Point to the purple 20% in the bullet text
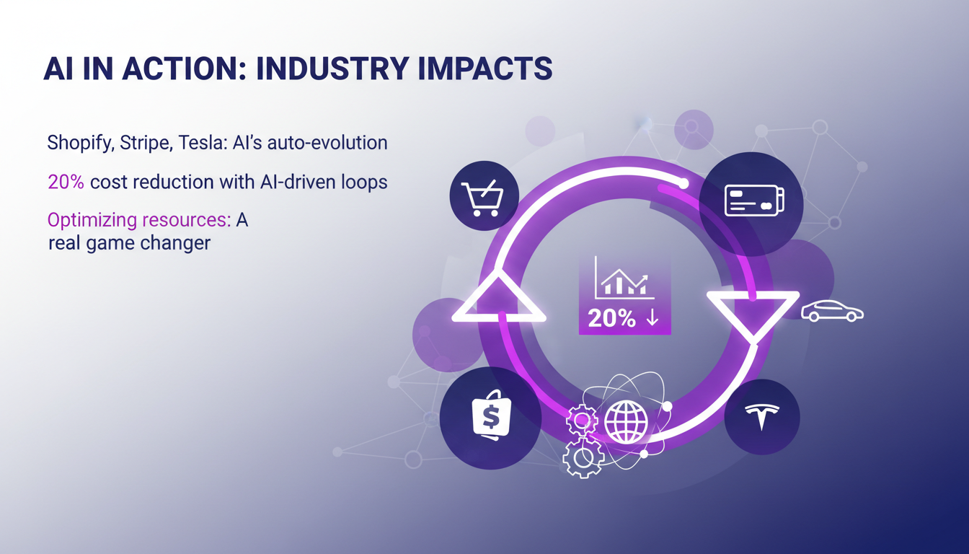coord(66,182)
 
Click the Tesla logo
coord(762,417)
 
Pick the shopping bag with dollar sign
coord(490,418)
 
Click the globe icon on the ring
coord(626,421)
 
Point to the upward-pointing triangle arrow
coord(498,299)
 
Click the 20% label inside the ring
coord(613,319)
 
